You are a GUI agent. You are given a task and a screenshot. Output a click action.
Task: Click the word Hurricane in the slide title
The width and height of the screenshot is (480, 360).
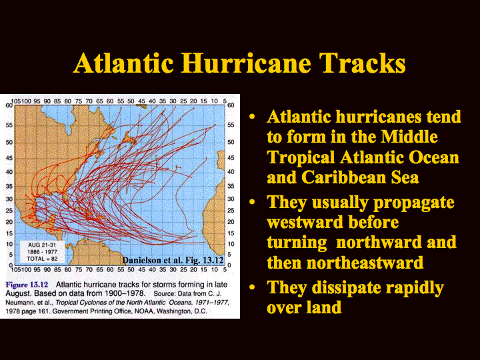pyautogui.click(x=246, y=63)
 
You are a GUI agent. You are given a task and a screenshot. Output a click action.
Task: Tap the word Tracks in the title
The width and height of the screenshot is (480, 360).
pyautogui.click(x=363, y=63)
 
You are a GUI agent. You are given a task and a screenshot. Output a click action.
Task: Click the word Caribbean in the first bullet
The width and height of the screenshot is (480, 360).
pyautogui.click(x=343, y=177)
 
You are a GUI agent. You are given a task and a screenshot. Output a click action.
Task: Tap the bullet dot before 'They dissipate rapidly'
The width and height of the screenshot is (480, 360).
pyautogui.click(x=252, y=287)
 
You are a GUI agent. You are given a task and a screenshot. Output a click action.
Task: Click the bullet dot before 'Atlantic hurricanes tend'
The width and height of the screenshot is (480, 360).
pyautogui.click(x=252, y=117)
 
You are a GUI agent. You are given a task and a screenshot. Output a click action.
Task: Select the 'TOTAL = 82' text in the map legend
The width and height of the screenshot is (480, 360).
pyautogui.click(x=42, y=259)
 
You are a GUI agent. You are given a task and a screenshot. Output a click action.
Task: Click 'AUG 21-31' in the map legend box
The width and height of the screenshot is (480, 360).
pyautogui.click(x=42, y=245)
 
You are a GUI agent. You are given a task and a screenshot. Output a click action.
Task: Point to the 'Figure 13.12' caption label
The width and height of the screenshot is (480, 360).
pyautogui.click(x=27, y=285)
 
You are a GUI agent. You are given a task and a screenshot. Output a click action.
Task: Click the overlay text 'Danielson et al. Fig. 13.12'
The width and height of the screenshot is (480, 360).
pyautogui.click(x=173, y=260)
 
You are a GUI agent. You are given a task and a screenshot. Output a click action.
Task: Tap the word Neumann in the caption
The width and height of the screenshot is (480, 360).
pyautogui.click(x=18, y=303)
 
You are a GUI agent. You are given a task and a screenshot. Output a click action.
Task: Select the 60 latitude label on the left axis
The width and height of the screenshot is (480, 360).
pyautogui.click(x=9, y=105)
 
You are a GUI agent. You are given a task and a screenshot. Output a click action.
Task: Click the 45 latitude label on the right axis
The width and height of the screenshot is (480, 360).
pyautogui.click(x=231, y=158)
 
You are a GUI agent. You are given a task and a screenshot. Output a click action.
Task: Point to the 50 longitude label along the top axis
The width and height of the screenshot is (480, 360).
pyautogui.click(x=131, y=101)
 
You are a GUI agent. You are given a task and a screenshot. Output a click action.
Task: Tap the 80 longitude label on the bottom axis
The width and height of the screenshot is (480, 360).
pyautogui.click(x=68, y=270)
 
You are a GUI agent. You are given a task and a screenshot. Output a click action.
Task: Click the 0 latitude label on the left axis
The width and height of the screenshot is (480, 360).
pyautogui.click(x=11, y=265)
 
